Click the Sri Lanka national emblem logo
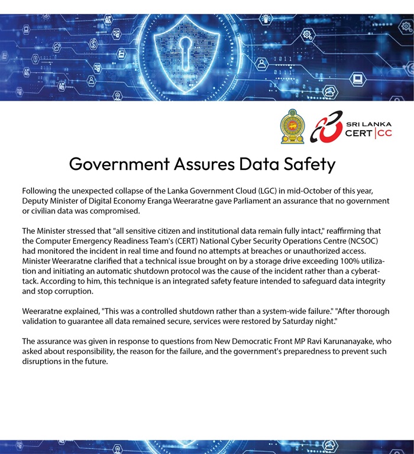292,126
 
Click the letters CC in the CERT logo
384,133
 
